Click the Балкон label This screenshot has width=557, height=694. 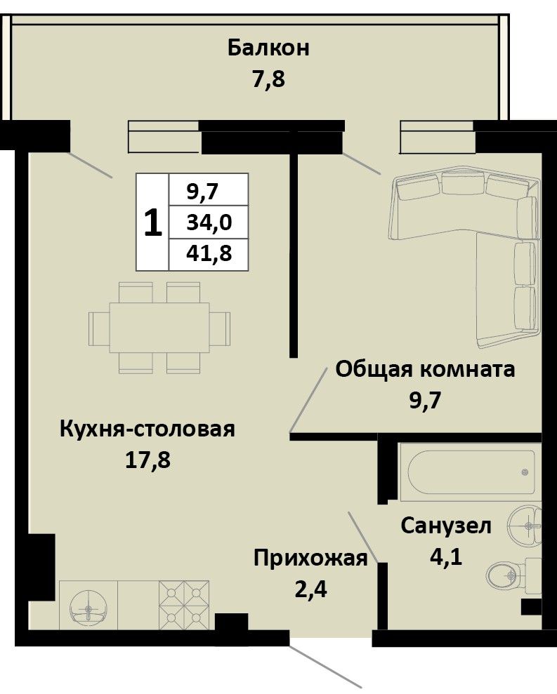(268, 48)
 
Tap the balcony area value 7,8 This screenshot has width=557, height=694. (268, 80)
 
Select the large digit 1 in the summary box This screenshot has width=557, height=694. (153, 222)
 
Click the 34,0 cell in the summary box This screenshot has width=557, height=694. (209, 222)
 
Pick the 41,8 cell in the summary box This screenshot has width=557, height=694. (209, 253)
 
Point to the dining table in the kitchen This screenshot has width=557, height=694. (159, 328)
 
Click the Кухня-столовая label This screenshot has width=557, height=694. (147, 429)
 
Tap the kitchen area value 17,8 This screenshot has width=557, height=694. (148, 461)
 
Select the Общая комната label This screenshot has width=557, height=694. (426, 368)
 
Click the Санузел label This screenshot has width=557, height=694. (446, 526)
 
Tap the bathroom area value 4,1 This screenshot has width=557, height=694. (446, 556)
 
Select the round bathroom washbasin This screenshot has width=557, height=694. (525, 526)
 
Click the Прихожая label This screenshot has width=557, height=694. (310, 559)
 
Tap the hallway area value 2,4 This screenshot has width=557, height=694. (310, 589)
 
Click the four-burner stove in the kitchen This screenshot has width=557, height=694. (184, 605)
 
